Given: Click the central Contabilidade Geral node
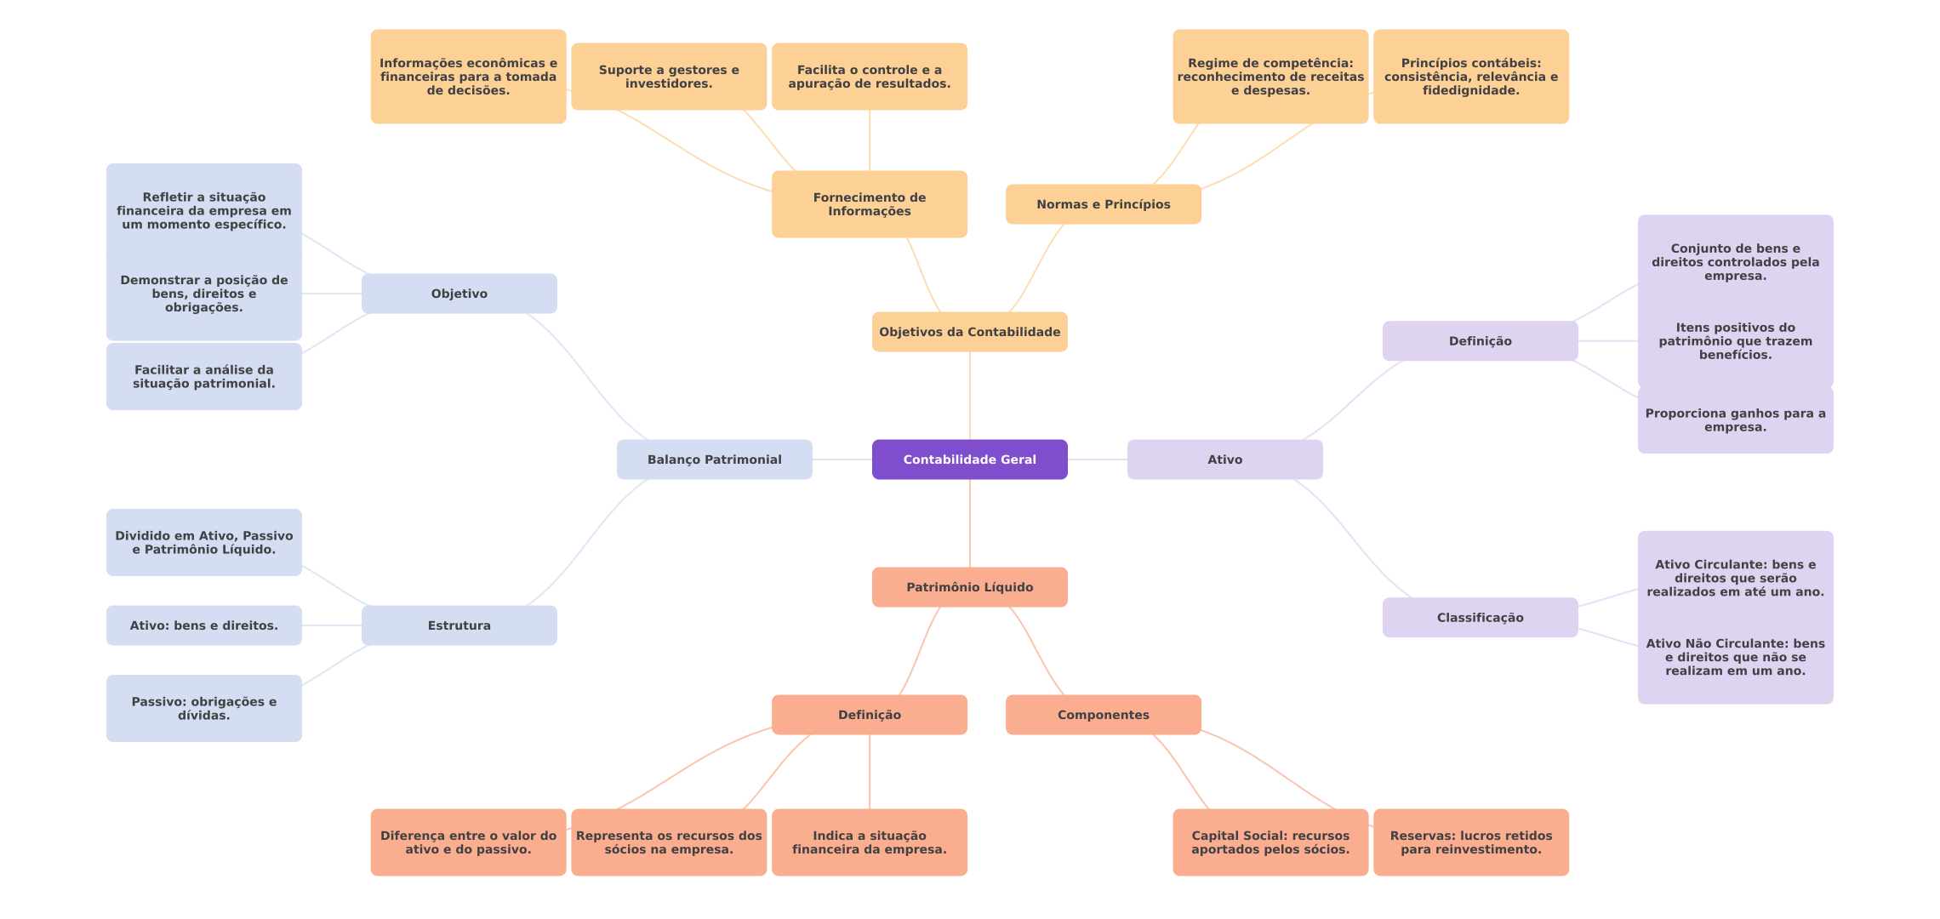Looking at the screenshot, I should click(969, 459).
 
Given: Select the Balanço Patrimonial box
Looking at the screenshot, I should click(714, 459).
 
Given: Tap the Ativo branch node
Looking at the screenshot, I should click(1224, 459).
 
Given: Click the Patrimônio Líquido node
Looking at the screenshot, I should click(969, 587).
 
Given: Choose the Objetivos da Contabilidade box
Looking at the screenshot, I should click(969, 332).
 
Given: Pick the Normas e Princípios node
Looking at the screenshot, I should click(1103, 204).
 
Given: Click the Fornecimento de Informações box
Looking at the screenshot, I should click(869, 204).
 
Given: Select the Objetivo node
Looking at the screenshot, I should click(459, 294).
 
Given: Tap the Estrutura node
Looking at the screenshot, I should click(459, 625).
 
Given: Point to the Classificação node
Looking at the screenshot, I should click(1480, 618).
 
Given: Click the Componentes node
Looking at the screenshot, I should click(1103, 715).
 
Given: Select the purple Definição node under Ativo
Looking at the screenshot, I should click(1480, 341).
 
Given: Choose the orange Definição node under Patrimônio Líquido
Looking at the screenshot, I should click(869, 715).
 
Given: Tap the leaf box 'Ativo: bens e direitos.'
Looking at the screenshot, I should click(203, 625).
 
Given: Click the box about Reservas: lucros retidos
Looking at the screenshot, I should click(1470, 842).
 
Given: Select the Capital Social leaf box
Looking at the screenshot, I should click(1270, 842).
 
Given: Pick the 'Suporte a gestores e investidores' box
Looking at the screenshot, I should click(668, 77).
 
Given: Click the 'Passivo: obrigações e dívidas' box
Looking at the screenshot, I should click(203, 708).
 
